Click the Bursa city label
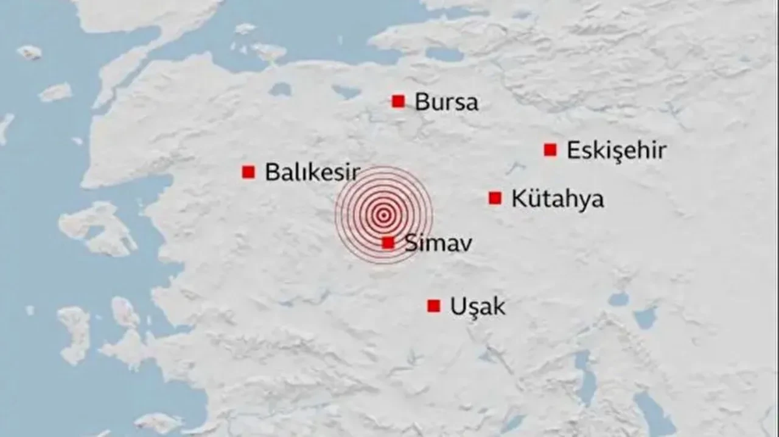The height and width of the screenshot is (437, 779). tap(446, 102)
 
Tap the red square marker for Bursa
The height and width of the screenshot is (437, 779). tap(398, 101)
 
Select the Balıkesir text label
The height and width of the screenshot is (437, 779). tap(312, 172)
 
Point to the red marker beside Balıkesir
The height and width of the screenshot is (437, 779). tap(248, 172)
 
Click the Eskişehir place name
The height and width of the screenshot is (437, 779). tap(617, 151)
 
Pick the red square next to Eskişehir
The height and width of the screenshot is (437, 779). tap(550, 150)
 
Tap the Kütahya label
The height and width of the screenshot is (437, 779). tap(557, 199)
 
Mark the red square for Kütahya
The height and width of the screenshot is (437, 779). tap(495, 198)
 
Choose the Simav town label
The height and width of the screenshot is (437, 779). tap(438, 244)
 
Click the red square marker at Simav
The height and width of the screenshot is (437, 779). tap(388, 243)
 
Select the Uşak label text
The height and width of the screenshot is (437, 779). tap(478, 307)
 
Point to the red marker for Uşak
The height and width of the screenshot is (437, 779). tap(433, 306)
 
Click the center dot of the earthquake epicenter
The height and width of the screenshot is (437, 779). tap(383, 215)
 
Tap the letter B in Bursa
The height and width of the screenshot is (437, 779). tap(421, 102)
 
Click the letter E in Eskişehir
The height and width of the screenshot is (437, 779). tap(573, 151)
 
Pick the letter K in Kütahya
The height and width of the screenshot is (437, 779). tap(518, 199)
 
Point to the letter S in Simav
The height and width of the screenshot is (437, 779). tap(410, 244)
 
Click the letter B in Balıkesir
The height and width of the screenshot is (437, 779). tap(271, 172)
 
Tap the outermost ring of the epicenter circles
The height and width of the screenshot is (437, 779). tap(432, 215)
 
